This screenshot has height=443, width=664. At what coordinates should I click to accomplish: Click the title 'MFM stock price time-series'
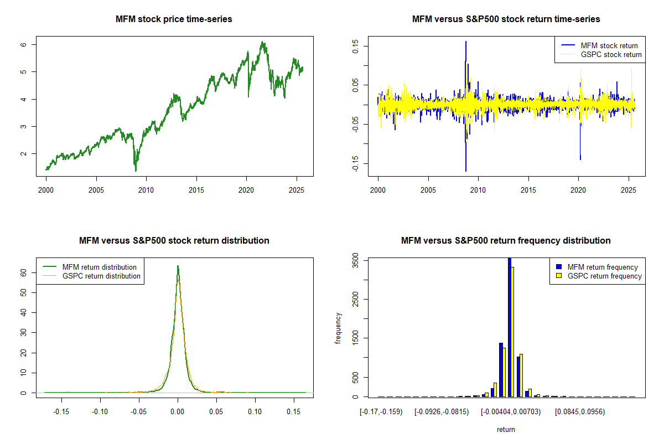click(x=174, y=19)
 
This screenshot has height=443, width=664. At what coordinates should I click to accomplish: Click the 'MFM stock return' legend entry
click(x=609, y=45)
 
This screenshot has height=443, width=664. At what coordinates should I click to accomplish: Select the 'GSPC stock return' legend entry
click(x=611, y=54)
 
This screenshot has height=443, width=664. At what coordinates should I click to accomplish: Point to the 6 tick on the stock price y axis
click(x=33, y=44)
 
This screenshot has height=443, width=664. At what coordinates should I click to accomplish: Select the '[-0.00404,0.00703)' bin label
click(x=510, y=411)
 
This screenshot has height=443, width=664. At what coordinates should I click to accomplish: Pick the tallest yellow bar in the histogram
click(x=513, y=332)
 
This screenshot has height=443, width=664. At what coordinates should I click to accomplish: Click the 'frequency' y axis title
click(x=338, y=328)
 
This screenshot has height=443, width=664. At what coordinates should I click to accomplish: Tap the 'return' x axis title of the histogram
click(x=506, y=429)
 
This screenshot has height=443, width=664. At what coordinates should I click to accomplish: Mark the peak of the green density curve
click(x=178, y=266)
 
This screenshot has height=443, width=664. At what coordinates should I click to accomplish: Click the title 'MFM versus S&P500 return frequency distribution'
click(x=506, y=240)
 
